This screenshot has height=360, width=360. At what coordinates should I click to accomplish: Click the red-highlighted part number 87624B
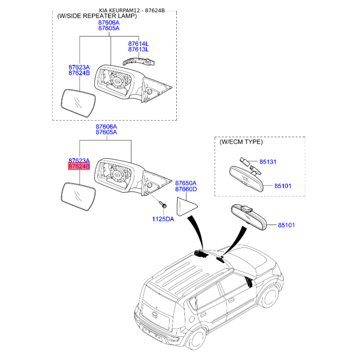(79, 167)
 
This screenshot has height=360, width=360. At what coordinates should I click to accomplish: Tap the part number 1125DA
(162, 219)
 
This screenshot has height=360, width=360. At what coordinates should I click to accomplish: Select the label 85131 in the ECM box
(269, 162)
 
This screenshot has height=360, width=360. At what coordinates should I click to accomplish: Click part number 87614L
(138, 44)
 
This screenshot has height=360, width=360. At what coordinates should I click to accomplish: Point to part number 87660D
(186, 189)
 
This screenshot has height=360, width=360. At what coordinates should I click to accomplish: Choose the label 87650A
(186, 184)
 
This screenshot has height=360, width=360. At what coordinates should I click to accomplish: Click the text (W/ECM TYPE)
(241, 142)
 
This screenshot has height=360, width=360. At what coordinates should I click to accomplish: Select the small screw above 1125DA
(163, 205)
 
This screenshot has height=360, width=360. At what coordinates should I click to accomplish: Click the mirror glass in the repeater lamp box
(78, 103)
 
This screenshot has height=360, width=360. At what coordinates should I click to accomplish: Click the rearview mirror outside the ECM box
(247, 217)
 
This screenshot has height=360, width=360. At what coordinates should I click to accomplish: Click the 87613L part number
(138, 49)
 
